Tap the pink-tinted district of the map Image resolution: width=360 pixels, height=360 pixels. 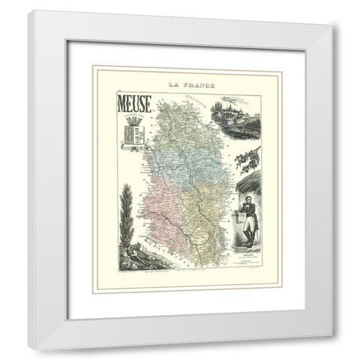pyautogui.click(x=154, y=202)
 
